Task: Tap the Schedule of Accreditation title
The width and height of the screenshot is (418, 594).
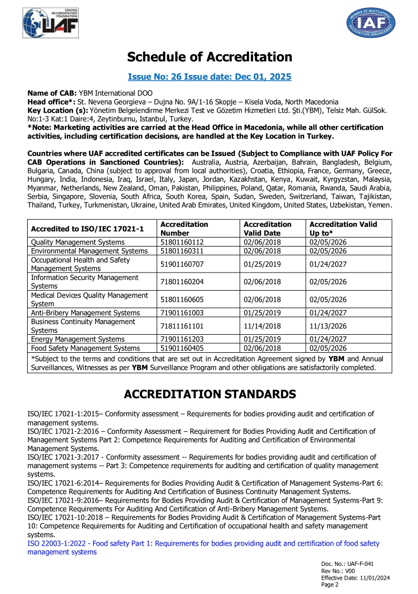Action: click(x=210, y=57)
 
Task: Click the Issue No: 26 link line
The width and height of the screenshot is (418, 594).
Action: click(x=210, y=77)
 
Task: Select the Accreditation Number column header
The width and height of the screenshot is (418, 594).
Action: click(x=184, y=228)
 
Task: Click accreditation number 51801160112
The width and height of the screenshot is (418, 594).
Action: click(x=182, y=242)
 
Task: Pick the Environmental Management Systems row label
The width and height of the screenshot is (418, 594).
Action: click(x=89, y=251)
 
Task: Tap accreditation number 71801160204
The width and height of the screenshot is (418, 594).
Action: click(x=182, y=282)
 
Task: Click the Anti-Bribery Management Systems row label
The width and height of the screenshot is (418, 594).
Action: click(x=86, y=313)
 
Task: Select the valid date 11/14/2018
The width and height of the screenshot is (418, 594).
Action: click(x=262, y=326)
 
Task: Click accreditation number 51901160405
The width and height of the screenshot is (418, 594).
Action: click(x=182, y=348)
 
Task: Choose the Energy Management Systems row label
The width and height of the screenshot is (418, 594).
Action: click(x=78, y=339)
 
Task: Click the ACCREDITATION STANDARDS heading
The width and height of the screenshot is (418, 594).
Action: click(x=210, y=394)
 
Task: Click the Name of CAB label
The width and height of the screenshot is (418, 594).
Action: click(x=52, y=93)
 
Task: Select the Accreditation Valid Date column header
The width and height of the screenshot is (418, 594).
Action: click(x=267, y=228)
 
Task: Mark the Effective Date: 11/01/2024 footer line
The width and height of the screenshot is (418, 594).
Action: click(x=355, y=578)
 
